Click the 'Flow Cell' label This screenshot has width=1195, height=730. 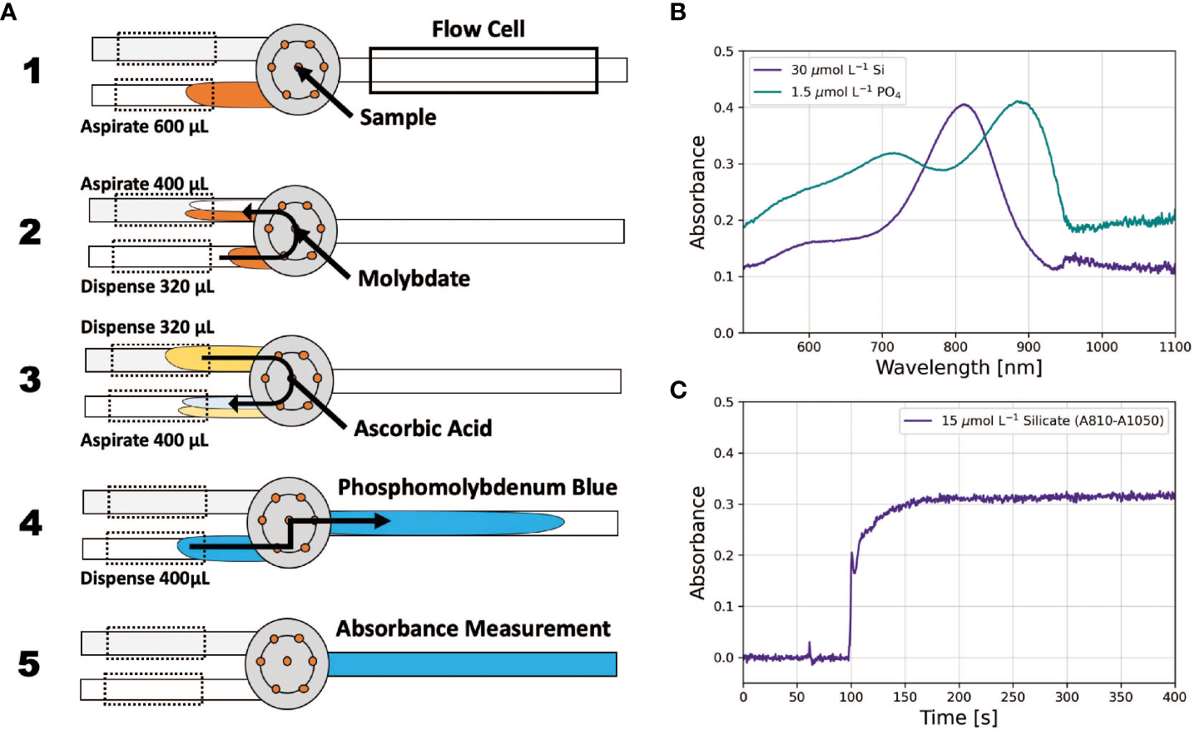tap(478, 30)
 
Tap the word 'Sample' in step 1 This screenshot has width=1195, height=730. tap(398, 117)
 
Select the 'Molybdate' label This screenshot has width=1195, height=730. tap(414, 279)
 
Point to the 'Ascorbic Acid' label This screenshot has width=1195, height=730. tap(423, 429)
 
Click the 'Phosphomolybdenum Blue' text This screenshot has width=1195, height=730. tap(477, 488)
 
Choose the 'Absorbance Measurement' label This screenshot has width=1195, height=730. tap(473, 629)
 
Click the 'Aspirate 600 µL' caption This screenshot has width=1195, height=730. tap(144, 127)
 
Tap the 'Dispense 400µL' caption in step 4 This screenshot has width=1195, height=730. tap(145, 579)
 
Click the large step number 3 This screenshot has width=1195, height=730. tap(31, 380)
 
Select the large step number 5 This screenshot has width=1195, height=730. tap(29, 663)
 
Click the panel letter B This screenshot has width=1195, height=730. tap(678, 12)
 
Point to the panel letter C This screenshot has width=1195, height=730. tap(678, 390)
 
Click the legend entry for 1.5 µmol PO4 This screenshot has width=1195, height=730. tap(845, 92)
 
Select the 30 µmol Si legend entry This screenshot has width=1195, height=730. tap(836, 70)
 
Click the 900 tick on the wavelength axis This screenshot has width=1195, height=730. tap(1029, 347)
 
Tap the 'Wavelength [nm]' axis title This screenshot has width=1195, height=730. tap(959, 368)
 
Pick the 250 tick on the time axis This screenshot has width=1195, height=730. tap(1013, 698)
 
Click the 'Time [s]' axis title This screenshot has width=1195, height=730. tap(959, 718)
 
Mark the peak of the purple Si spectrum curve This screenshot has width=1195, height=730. tap(964, 104)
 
